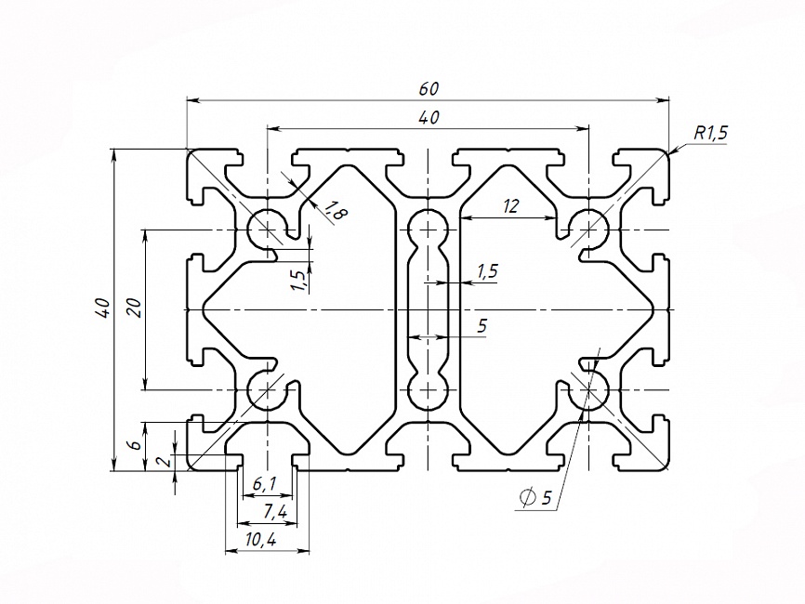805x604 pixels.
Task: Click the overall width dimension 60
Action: tap(428, 89)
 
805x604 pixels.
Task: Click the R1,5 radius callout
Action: tap(710, 133)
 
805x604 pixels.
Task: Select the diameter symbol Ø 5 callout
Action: tap(537, 498)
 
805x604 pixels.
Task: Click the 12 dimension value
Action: tap(509, 207)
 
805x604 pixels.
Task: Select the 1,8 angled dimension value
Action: tap(336, 213)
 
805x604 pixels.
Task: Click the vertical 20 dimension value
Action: tap(133, 309)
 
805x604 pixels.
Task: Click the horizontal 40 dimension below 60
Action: tap(428, 117)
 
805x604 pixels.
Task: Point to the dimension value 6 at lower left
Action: tap(134, 446)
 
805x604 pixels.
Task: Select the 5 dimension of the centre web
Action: tap(481, 325)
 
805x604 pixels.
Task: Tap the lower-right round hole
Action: tap(588, 389)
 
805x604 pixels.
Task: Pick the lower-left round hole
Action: tap(268, 389)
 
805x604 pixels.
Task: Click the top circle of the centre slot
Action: tap(428, 227)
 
